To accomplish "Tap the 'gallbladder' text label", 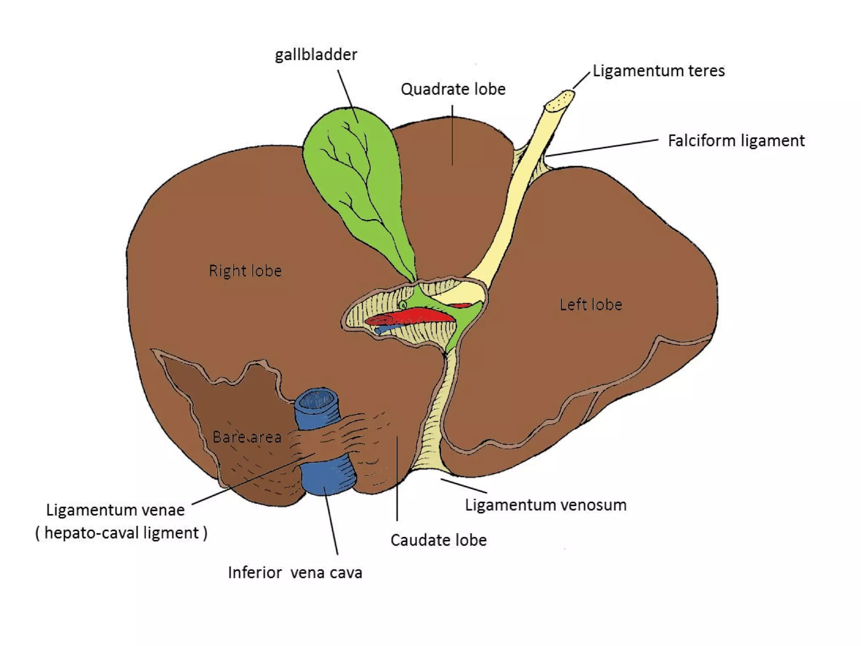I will pyautogui.click(x=316, y=55).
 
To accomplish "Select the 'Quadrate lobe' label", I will pyautogui.click(x=453, y=89).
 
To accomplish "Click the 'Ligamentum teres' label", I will pyautogui.click(x=658, y=71).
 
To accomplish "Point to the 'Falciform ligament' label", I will pyautogui.click(x=736, y=140).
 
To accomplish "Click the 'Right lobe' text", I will pyautogui.click(x=245, y=271).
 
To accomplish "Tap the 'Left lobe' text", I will pyautogui.click(x=590, y=304).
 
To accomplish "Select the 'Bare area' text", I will pyautogui.click(x=247, y=437).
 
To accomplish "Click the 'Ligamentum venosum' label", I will pyautogui.click(x=545, y=505).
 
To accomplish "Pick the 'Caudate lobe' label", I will pyautogui.click(x=438, y=540).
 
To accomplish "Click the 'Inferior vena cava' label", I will pyautogui.click(x=295, y=573).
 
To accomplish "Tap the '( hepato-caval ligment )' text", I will pyautogui.click(x=121, y=533).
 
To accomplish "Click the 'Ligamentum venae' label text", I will pyautogui.click(x=115, y=510).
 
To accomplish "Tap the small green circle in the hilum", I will pyautogui.click(x=403, y=304).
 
